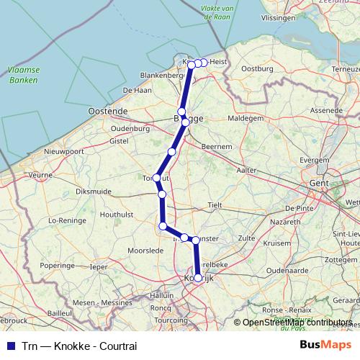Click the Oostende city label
107,112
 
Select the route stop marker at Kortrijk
198,277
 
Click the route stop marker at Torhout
156,177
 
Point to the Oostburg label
258,69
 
